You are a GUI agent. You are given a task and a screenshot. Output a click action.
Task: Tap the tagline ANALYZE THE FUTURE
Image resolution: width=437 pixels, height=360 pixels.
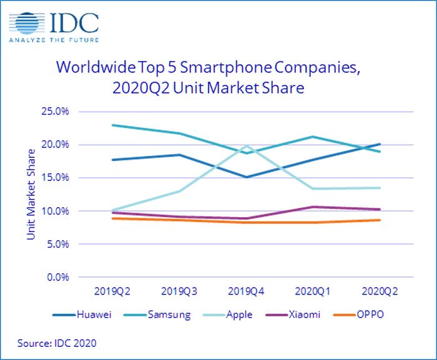[x=54, y=42]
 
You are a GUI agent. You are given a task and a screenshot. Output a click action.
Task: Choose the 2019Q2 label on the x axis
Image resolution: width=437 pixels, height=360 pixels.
[x=112, y=291]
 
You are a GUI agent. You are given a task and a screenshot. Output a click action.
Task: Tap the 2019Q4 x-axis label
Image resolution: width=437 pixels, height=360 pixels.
[x=247, y=291]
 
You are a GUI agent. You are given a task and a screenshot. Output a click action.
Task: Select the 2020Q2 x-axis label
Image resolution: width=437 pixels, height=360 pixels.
[x=380, y=291]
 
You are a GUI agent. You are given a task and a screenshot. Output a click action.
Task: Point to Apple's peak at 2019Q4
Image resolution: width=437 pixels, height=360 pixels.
[x=247, y=146]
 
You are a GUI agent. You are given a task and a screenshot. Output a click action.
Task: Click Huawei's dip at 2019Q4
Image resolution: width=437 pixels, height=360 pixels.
[x=247, y=177]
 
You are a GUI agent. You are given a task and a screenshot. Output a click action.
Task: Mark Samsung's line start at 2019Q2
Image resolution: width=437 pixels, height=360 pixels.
[x=112, y=125]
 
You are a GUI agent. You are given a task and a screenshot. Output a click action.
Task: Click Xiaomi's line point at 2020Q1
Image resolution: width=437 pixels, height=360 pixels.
[x=313, y=207]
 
